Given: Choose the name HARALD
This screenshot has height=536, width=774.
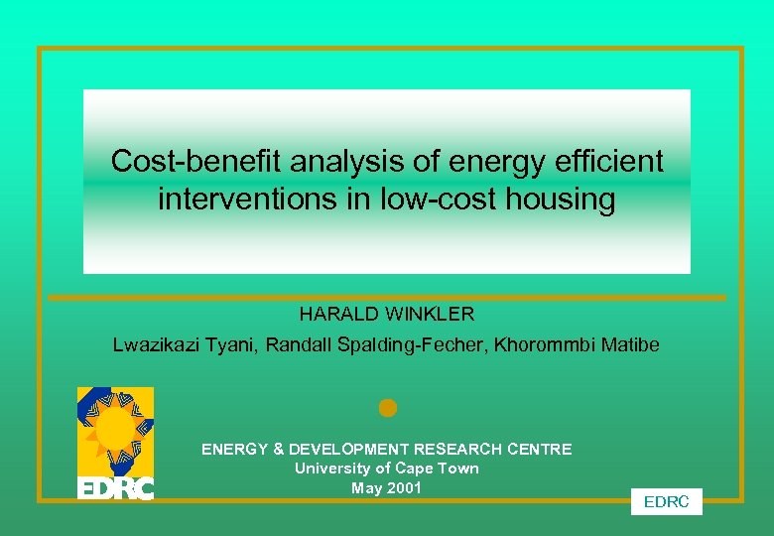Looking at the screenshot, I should pos(336,315).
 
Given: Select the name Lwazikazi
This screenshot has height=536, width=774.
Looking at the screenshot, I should pos(154,345).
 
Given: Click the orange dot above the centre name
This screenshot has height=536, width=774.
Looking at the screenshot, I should pos(387,408).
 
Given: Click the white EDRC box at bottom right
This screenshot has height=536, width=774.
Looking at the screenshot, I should pos(666,502).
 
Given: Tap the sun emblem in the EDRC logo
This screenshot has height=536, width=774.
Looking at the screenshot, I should pos(116,429).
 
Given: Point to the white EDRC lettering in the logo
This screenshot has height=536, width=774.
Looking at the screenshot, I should pos(116,488).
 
